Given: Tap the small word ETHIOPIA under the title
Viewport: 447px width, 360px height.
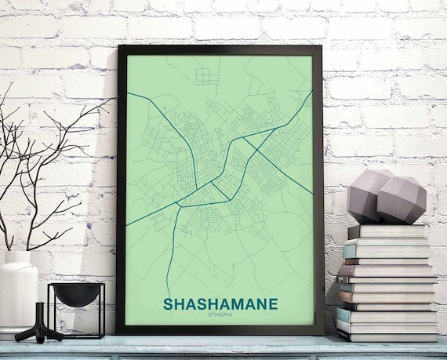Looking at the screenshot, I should (220, 315).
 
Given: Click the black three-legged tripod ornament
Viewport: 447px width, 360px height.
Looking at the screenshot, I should (38, 329).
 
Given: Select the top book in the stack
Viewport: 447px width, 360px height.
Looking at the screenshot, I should (387, 231).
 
